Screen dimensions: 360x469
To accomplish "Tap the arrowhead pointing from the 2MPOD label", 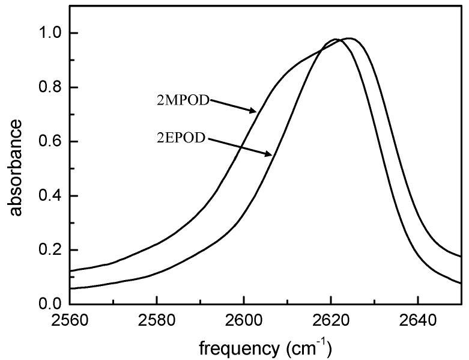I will (253, 112).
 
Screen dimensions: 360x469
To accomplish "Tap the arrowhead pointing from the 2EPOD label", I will (270, 156).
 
